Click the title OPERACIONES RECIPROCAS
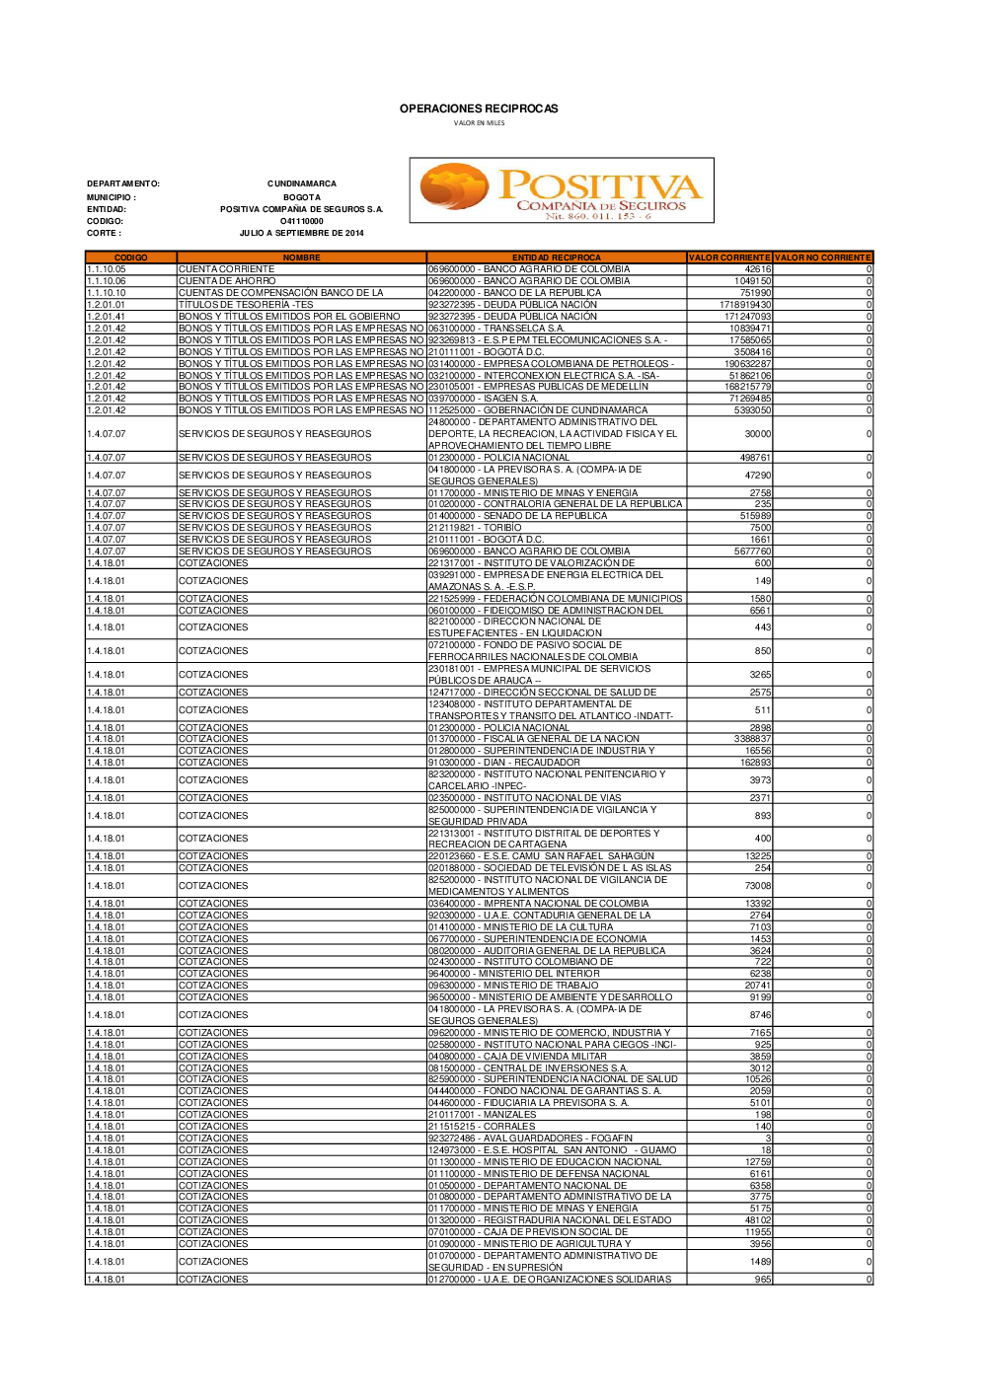pos(479,109)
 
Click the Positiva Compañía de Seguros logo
pos(561,190)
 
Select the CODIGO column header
pos(130,257)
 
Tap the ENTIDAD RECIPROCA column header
pos(556,257)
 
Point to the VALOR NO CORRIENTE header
pos(822,257)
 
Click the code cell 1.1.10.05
pos(107,269)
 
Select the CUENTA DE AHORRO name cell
pos(227,281)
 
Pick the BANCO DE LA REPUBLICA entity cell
pos(514,293)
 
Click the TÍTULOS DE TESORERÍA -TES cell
pos(246,305)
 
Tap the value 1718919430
pos(745,305)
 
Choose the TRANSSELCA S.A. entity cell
pos(496,329)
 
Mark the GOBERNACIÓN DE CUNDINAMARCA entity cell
pos(538,410)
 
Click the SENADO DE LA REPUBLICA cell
pos(518,516)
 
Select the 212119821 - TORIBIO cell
pos(475,528)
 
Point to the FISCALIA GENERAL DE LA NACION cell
pos(534,739)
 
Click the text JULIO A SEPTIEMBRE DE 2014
pos(301,234)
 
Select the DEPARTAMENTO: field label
pos(123,184)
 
